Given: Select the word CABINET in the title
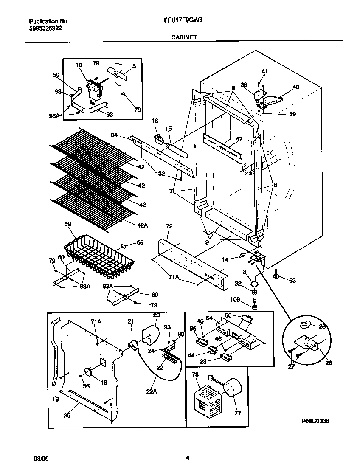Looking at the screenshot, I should coord(183,37).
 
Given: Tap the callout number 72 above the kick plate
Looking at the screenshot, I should coord(169,227).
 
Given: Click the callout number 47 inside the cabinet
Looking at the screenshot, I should coord(239,139).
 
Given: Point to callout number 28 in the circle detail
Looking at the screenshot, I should coord(329,363).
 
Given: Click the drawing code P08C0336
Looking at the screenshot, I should coord(315,421).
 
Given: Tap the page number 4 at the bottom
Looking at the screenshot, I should coord(187,457).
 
